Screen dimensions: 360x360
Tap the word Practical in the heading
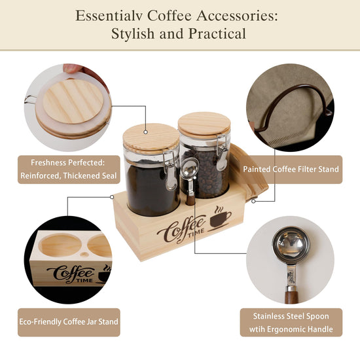[x=217, y=34]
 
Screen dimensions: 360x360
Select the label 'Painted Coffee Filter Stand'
[x=291, y=170]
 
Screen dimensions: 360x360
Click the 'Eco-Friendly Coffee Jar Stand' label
[x=69, y=321]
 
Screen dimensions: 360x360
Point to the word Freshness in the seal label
[x=48, y=162]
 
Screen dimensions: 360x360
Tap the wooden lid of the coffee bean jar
[x=204, y=125]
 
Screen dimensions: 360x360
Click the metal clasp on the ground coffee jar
[x=170, y=170]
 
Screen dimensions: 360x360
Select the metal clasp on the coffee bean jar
[x=222, y=153]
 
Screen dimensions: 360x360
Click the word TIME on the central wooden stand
[x=196, y=233]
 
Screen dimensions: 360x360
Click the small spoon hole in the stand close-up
[x=84, y=254]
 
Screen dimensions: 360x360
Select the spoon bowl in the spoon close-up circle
[x=291, y=245]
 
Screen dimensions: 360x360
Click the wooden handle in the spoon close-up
[x=291, y=295]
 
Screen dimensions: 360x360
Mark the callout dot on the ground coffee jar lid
[x=145, y=132]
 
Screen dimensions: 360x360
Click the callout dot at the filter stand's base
[x=253, y=202]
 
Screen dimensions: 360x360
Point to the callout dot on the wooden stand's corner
[x=112, y=197]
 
